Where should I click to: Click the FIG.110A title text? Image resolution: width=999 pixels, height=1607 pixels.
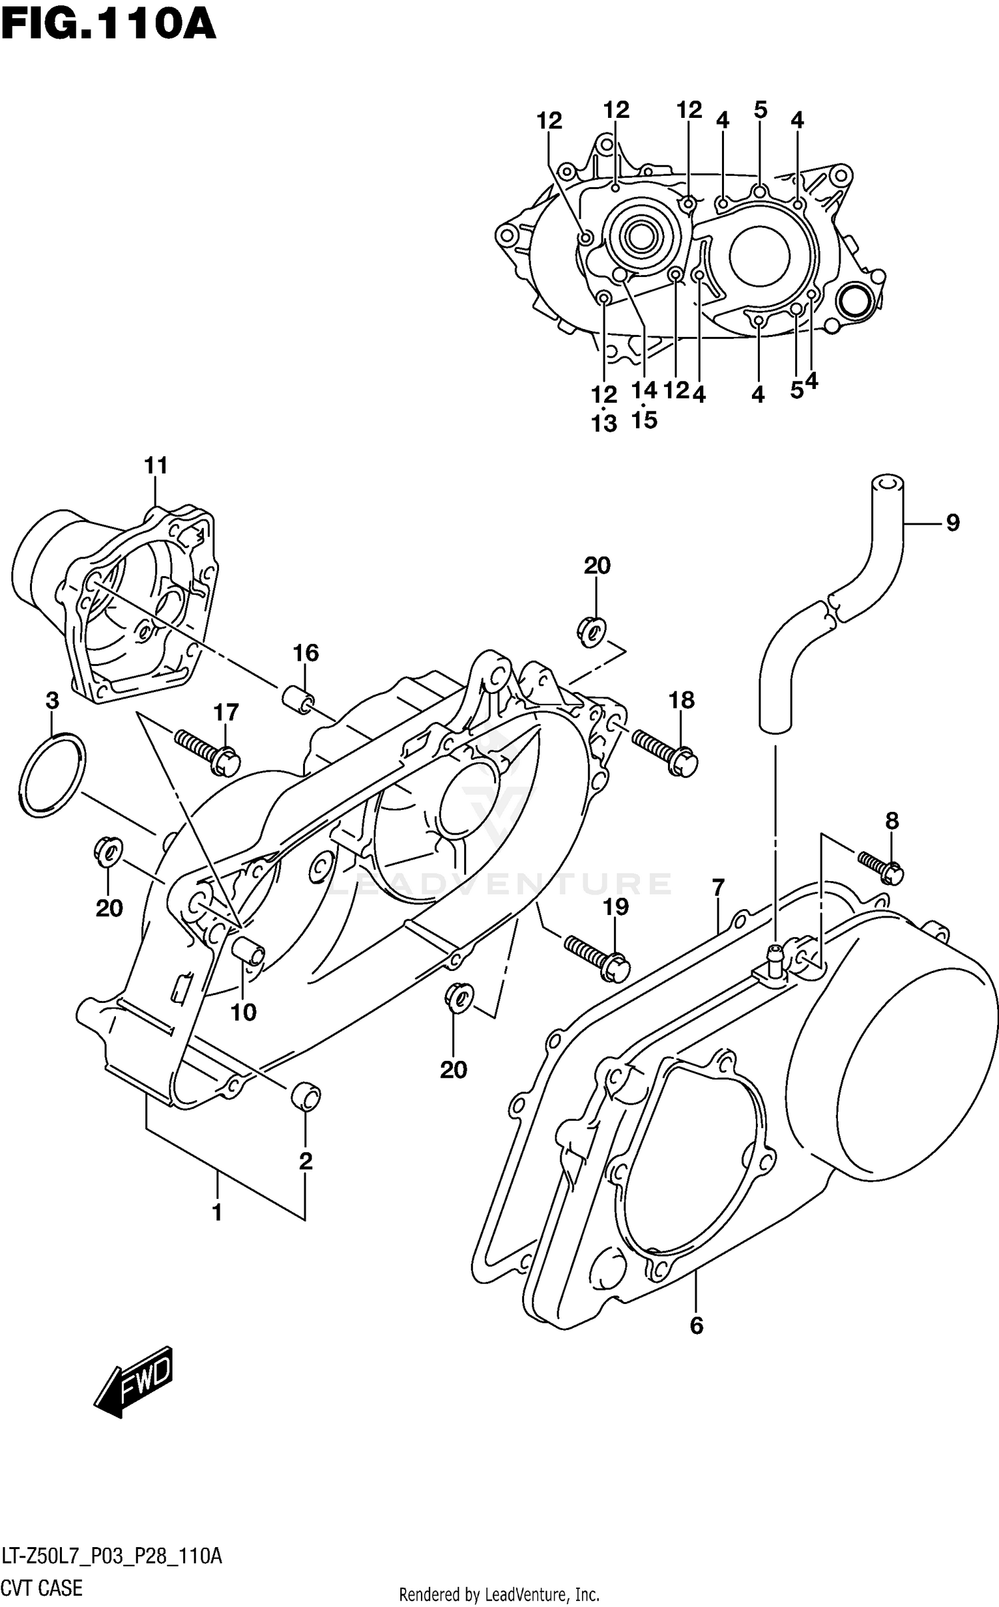point(108,25)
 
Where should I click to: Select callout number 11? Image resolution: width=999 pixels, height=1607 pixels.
point(156,466)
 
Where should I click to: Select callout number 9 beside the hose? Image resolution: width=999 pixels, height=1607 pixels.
point(952,523)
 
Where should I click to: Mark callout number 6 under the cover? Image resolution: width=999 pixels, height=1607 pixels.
point(696,1326)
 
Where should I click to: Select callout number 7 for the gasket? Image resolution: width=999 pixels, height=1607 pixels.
point(717,888)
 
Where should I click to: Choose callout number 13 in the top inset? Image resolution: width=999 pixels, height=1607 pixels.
point(605,423)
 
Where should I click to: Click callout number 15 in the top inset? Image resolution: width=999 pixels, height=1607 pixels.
point(644,420)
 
